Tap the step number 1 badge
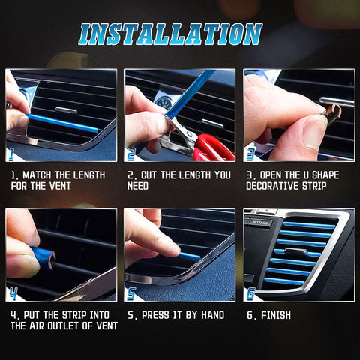click(12, 154)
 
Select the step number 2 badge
click(131, 154)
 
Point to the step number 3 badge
click(250, 154)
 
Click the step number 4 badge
click(13, 293)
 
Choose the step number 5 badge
click(131, 293)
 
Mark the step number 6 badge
click(250, 293)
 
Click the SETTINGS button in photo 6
click(260, 223)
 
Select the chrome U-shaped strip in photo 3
click(331, 112)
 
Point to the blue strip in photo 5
click(189, 256)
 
